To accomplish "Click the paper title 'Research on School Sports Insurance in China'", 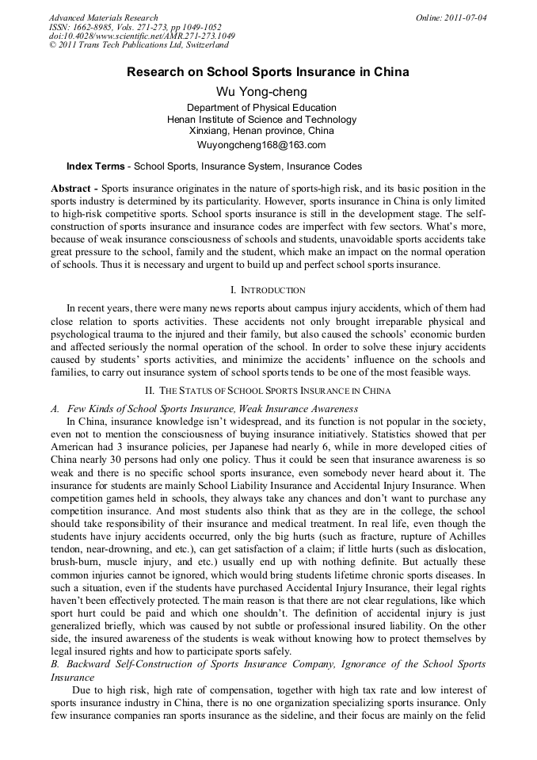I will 268,72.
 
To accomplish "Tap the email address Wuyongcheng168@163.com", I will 261,145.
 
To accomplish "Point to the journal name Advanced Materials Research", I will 104,17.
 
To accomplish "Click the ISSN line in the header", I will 135,27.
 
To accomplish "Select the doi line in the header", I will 142,36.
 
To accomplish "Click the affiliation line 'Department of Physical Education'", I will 261,108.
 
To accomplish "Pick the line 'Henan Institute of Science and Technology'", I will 261,120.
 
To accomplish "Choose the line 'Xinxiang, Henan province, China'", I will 261,131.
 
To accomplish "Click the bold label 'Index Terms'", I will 95,166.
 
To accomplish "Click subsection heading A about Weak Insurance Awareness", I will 204,409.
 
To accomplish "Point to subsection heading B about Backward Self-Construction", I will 268,664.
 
